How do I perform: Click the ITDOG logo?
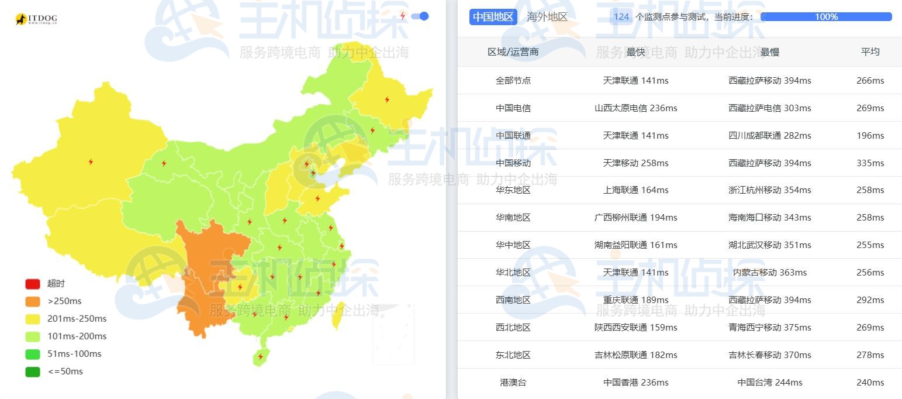(x=36, y=19)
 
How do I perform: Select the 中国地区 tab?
(x=493, y=17)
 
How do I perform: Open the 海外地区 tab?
(x=547, y=17)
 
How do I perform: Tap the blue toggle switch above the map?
(x=420, y=16)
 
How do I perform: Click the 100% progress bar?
(x=826, y=17)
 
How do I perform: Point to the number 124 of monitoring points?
(x=621, y=17)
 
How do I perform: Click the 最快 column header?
(x=635, y=52)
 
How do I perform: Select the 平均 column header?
(x=870, y=51)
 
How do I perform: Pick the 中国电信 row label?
(x=513, y=108)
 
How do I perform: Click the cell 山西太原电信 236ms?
(x=635, y=108)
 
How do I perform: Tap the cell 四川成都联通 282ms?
(x=769, y=136)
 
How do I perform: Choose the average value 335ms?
(x=870, y=163)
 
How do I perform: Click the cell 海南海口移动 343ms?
(x=769, y=218)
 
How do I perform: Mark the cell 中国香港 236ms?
(x=635, y=383)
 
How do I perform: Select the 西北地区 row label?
(x=513, y=328)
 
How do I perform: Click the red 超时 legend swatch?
(x=33, y=284)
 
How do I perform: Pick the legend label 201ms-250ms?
(x=77, y=319)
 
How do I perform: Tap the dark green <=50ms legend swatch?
(x=33, y=372)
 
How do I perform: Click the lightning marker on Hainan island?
(x=261, y=356)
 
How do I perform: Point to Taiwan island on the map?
(x=337, y=316)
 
